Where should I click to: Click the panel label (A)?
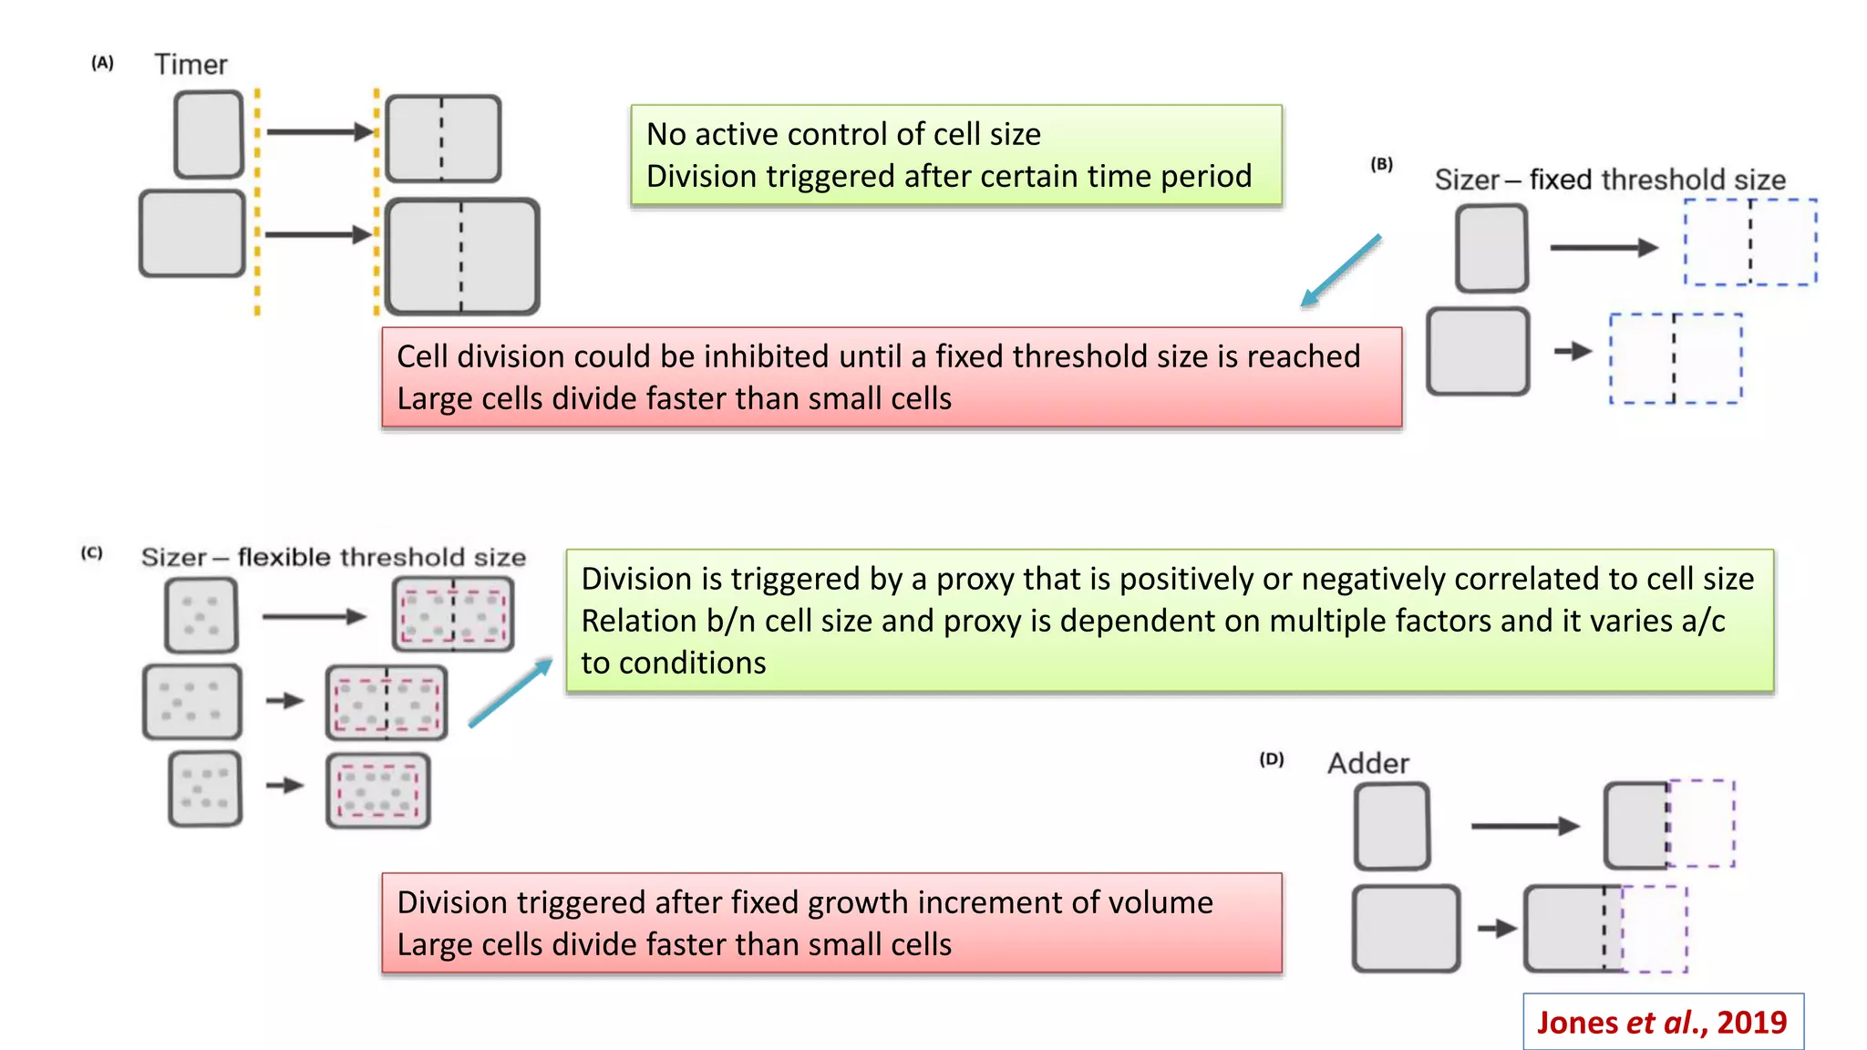point(102,63)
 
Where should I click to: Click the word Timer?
point(191,65)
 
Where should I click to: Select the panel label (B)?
point(1382,164)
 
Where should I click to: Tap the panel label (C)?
point(92,553)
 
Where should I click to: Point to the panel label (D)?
point(1272,759)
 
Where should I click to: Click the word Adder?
point(1368,763)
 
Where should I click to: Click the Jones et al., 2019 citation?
point(1662,1023)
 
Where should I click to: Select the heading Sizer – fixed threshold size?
point(1610,180)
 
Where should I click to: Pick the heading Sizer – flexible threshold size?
point(334,557)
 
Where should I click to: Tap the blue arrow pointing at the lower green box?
point(511,693)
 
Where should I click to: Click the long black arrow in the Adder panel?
point(1524,826)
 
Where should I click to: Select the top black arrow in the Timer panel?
point(319,132)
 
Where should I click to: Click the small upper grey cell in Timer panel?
point(209,134)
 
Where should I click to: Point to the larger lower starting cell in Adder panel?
point(1406,929)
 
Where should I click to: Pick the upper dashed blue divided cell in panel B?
point(1750,242)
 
